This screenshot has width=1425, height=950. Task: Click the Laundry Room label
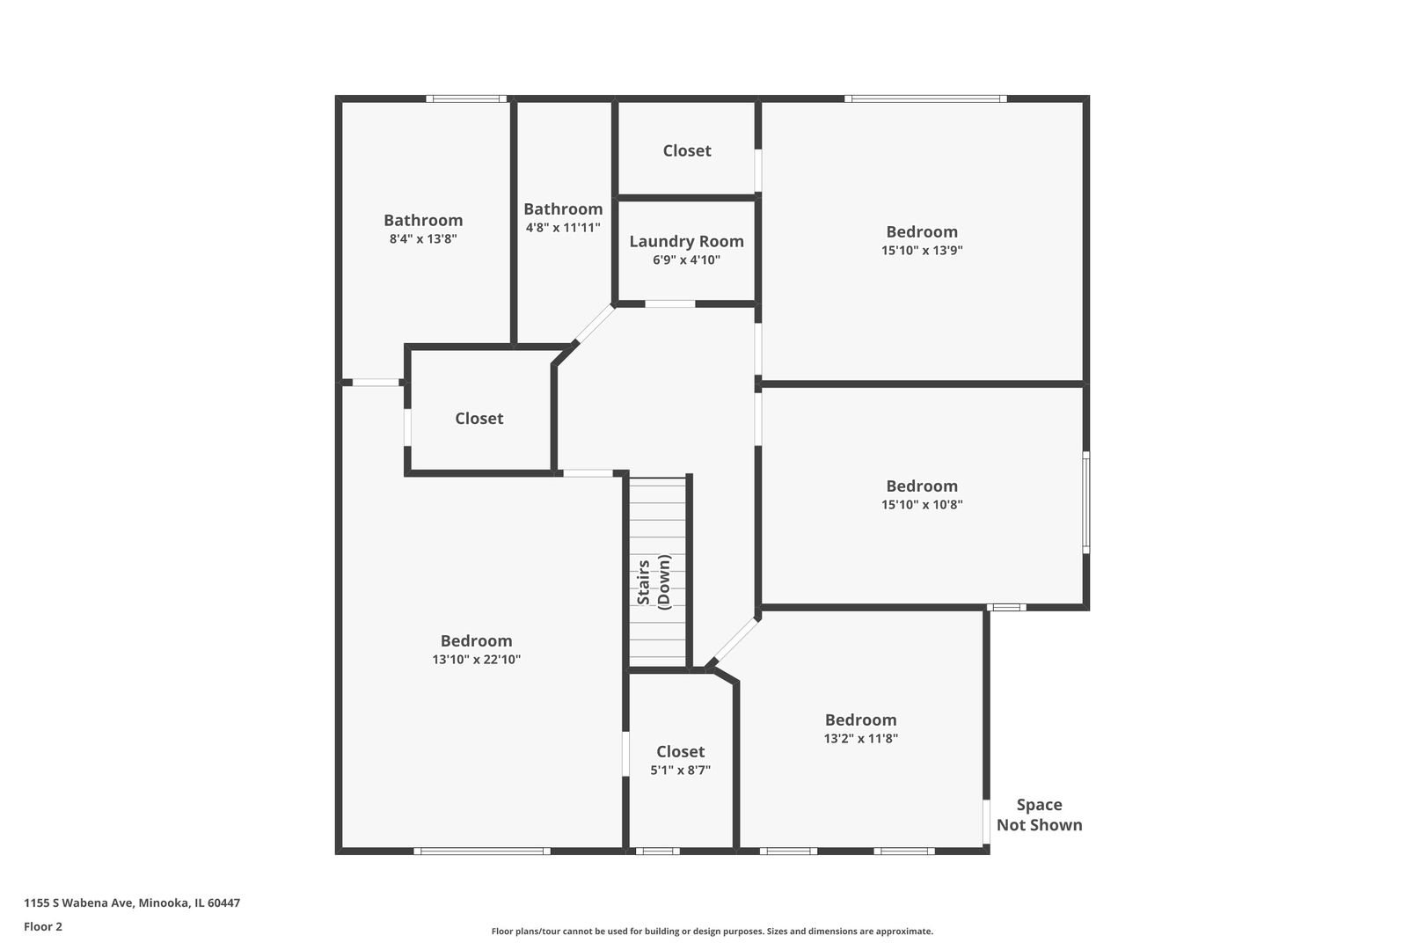tap(686, 241)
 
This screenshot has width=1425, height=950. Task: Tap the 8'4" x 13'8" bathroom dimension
tap(423, 238)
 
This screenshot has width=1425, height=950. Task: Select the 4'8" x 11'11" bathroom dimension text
tap(563, 227)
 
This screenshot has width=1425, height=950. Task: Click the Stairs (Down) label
tap(654, 581)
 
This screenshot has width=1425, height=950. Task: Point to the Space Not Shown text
tap(1039, 815)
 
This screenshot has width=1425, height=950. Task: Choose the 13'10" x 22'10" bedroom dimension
tap(476, 659)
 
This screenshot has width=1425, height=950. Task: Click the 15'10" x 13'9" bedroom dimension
tap(922, 250)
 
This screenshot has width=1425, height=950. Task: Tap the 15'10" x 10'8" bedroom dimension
tap(922, 505)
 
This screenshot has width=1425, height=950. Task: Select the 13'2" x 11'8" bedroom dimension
tap(860, 739)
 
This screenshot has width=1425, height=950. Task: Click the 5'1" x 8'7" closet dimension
tap(680, 770)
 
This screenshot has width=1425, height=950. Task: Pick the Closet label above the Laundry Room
tap(687, 150)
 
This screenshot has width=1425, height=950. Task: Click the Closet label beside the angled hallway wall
tap(479, 419)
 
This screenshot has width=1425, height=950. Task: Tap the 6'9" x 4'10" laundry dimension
tap(686, 259)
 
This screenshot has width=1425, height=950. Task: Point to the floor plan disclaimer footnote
tap(712, 931)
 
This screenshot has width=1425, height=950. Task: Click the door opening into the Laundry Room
tap(670, 303)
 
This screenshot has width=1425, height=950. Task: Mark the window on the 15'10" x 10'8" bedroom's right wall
tap(1086, 502)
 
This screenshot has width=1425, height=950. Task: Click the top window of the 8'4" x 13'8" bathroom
tap(466, 99)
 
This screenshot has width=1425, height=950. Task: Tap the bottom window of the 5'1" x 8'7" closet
tap(657, 851)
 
